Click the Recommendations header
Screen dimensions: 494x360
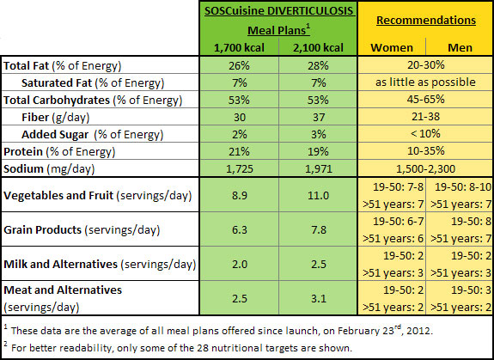point(426,20)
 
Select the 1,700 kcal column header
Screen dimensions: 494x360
point(239,47)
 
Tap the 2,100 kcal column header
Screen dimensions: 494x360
point(318,47)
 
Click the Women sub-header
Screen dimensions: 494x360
point(392,47)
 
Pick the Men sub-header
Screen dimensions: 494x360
point(460,47)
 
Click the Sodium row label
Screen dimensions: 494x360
point(49,169)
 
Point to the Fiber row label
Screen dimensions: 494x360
point(56,118)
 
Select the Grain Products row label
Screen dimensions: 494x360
point(82,230)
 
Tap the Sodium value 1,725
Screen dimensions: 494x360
point(240,169)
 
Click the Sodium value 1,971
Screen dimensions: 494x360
point(319,169)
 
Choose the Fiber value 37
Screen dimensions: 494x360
point(319,118)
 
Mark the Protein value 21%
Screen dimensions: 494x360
point(240,152)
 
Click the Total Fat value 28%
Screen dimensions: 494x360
point(319,66)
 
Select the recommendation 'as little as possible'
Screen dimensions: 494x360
point(425,82)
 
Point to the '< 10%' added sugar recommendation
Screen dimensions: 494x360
point(425,134)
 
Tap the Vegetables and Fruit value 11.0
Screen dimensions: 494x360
point(319,196)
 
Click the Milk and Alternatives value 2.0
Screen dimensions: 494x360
point(240,265)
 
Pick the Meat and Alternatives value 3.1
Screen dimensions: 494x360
point(319,299)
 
